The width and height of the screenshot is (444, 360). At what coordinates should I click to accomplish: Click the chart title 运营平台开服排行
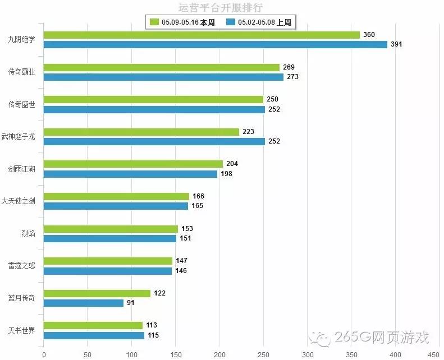220,8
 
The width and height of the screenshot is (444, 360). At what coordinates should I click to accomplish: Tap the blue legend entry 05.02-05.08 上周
260,22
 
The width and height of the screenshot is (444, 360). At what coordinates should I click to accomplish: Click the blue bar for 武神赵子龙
154,141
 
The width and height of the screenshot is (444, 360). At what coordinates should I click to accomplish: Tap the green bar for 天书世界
93,325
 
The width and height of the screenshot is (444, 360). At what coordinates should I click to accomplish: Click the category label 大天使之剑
19,201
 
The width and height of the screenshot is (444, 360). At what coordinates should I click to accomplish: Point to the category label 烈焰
28,233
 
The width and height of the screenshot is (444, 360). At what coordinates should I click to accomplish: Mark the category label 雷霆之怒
22,266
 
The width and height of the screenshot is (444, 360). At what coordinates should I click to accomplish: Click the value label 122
159,293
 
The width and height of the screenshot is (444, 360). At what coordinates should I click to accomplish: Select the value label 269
289,67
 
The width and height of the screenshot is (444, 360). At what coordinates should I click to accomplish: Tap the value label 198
226,174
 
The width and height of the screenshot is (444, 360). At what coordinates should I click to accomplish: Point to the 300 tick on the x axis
308,354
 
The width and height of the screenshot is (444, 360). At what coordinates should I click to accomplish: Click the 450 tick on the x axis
433,354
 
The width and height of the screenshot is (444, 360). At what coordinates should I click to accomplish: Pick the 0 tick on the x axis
44,354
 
